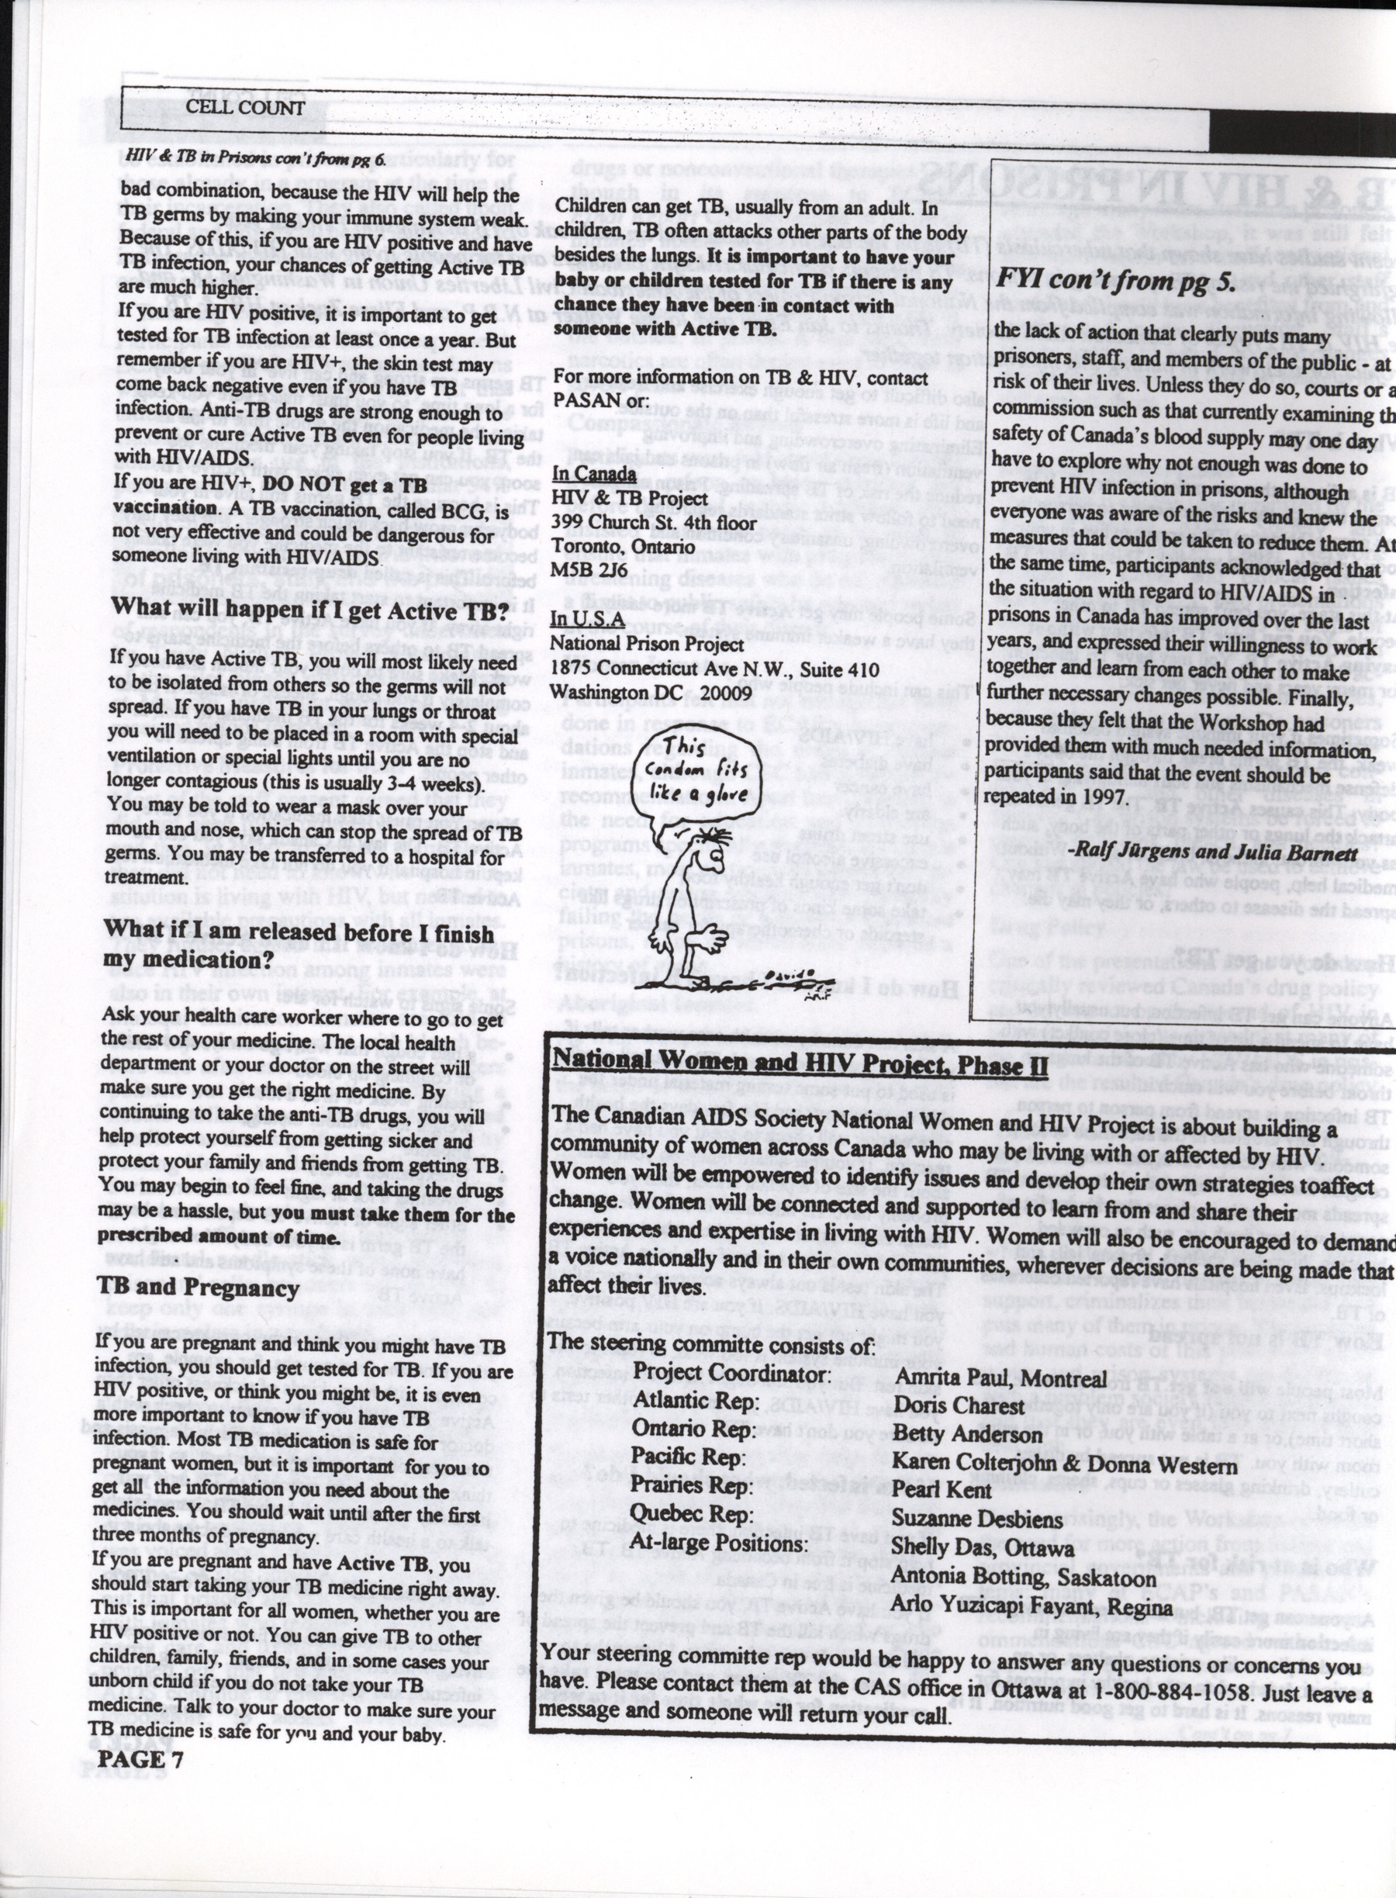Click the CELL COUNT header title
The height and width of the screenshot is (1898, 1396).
click(245, 107)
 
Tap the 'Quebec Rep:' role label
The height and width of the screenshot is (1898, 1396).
click(692, 1515)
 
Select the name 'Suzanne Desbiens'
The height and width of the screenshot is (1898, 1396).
click(977, 1519)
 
